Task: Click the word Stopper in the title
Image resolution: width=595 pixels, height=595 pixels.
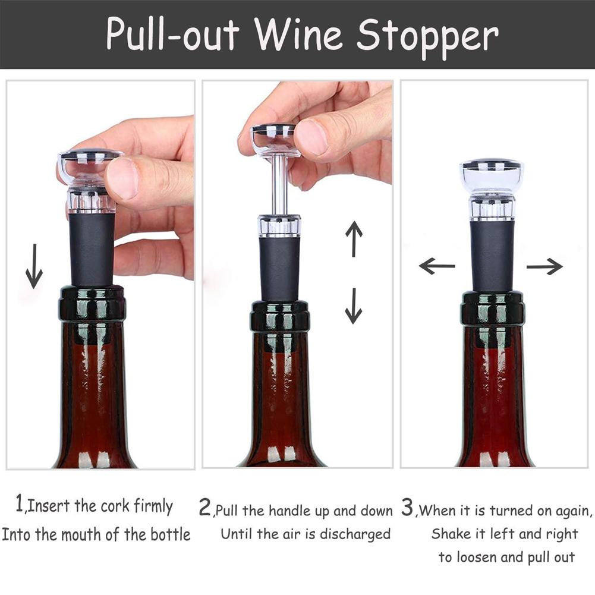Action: (x=427, y=35)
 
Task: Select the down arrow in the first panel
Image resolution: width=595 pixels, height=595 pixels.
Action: (x=34, y=266)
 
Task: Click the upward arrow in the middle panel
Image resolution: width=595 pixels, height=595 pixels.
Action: (x=354, y=238)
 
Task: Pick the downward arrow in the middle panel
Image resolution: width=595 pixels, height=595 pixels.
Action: (x=354, y=306)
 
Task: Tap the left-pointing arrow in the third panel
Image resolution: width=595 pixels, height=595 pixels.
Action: (x=437, y=266)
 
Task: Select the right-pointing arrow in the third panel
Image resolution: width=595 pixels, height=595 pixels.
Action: (x=544, y=266)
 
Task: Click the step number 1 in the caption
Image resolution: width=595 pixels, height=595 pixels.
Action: (x=20, y=505)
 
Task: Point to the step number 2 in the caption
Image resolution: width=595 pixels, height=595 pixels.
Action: (x=204, y=508)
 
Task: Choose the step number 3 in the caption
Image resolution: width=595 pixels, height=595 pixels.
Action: (x=407, y=508)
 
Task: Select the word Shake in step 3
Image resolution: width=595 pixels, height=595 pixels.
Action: (x=451, y=534)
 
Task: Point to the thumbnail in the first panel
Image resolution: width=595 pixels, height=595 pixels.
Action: (x=122, y=177)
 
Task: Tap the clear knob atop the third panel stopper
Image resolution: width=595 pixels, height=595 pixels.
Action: (x=492, y=175)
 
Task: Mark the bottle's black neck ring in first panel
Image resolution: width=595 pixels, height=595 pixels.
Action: (x=92, y=303)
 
